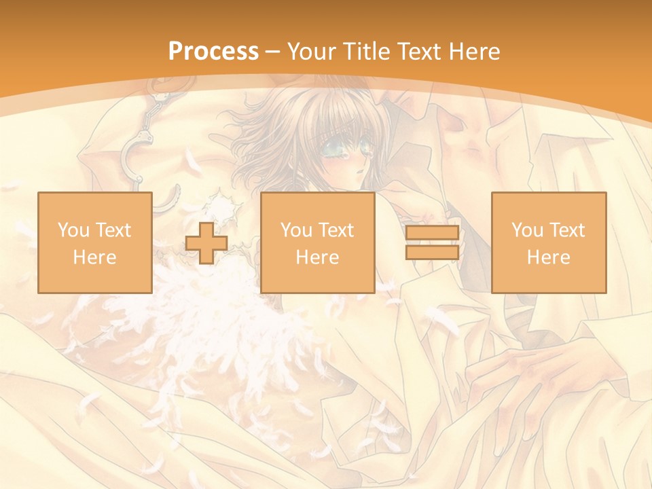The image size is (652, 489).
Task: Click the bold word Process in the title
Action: click(213, 52)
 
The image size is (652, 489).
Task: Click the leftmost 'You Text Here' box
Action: click(95, 242)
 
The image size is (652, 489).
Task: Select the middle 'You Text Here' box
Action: click(318, 242)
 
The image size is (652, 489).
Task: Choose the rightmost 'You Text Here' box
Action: click(549, 242)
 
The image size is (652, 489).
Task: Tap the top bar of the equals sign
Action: click(432, 233)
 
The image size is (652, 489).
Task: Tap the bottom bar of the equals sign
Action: click(432, 253)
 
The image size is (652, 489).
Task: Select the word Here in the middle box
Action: click(318, 257)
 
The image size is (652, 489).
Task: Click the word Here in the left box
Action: click(95, 257)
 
